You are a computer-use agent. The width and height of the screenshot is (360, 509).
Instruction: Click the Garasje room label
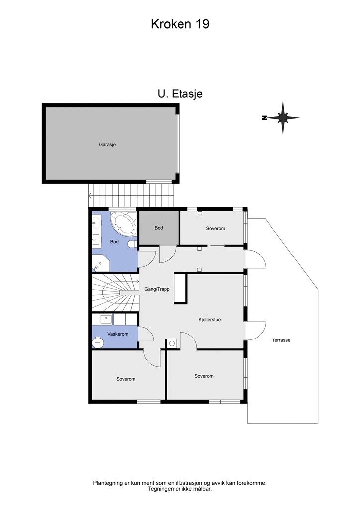click(x=107, y=145)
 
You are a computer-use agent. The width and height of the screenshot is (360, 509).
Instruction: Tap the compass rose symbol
click(x=283, y=118)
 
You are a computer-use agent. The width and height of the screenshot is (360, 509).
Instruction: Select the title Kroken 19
click(x=180, y=24)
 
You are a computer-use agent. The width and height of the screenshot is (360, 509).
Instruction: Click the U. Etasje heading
click(x=180, y=94)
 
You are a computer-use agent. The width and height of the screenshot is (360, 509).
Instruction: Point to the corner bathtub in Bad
click(x=123, y=223)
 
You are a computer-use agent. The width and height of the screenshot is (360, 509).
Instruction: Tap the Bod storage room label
click(x=159, y=228)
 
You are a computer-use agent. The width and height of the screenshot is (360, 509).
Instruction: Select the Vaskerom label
click(x=118, y=334)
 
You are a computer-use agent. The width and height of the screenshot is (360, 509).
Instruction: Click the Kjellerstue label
click(x=210, y=320)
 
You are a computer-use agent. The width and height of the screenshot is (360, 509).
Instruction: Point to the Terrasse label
click(x=281, y=340)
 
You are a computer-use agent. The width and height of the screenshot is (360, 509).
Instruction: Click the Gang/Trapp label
click(x=157, y=289)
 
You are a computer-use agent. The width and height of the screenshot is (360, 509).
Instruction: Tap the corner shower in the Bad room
click(x=101, y=262)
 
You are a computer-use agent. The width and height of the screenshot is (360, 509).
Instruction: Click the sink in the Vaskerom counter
click(x=106, y=319)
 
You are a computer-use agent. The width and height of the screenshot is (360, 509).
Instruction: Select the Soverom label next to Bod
click(x=215, y=229)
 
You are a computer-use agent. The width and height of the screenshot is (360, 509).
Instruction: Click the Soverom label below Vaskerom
click(x=126, y=379)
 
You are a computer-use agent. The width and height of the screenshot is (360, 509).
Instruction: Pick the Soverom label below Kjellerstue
click(x=204, y=376)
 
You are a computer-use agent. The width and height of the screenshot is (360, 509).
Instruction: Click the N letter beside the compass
click(x=264, y=118)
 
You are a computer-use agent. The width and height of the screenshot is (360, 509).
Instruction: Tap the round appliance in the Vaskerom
click(x=98, y=342)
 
